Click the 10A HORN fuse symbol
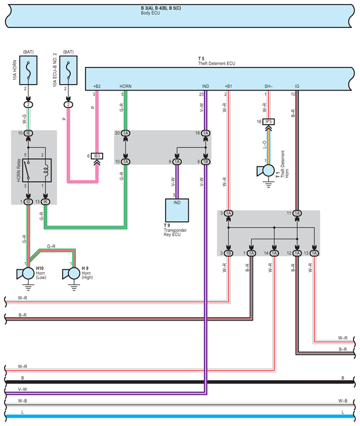pyautogui.click(x=28, y=70)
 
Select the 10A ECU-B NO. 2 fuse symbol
pyautogui.click(x=68, y=70)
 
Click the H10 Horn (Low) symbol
pyautogui.click(x=26, y=274)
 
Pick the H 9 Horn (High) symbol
pyautogui.click(x=71, y=274)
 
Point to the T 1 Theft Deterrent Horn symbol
pyautogui.click(x=266, y=171)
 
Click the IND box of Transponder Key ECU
pyautogui.click(x=177, y=210)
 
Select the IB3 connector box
pyautogui.click(x=97, y=156)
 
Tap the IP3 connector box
pyautogui.click(x=268, y=121)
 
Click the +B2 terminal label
pyautogui.click(x=97, y=86)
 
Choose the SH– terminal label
pyautogui.click(x=268, y=86)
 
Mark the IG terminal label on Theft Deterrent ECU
pyautogui.click(x=297, y=86)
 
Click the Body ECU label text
pyautogui.click(x=150, y=13)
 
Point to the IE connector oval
pyautogui.click(x=28, y=133)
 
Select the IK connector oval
pyautogui.click(x=45, y=202)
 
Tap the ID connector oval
pyautogui.click(x=28, y=202)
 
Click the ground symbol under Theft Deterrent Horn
pyautogui.click(x=268, y=185)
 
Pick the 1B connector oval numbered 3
pyautogui.click(x=228, y=253)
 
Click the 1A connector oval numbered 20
pyautogui.click(x=125, y=133)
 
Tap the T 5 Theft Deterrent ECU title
pyautogui.click(x=216, y=61)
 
